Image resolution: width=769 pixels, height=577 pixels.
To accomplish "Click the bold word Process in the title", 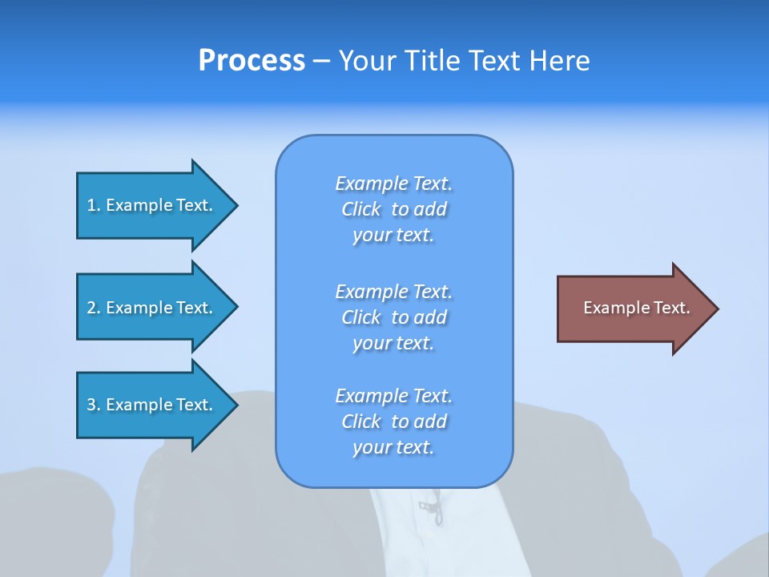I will tap(252, 61).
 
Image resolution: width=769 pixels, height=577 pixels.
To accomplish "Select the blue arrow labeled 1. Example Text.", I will tap(152, 205).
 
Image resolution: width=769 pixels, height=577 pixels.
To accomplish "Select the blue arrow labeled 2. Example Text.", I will tap(152, 308).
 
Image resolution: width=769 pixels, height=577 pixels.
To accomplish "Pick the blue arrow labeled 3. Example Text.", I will tap(152, 405).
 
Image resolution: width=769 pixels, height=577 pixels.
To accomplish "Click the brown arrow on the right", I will tap(633, 309).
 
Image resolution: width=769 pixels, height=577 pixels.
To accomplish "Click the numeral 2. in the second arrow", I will tap(94, 308).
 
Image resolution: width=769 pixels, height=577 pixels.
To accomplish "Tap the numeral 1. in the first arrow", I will tap(94, 205).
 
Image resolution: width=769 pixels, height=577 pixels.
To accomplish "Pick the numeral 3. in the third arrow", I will tap(94, 405).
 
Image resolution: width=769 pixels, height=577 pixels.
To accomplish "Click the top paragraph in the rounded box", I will tap(393, 209).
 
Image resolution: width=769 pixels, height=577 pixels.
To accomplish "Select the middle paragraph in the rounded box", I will tap(393, 317).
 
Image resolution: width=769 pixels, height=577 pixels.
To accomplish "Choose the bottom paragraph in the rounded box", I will tap(393, 422).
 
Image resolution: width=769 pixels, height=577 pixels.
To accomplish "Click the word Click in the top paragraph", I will tap(361, 210).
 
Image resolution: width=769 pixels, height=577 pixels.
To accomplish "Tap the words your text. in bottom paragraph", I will tap(393, 447).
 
